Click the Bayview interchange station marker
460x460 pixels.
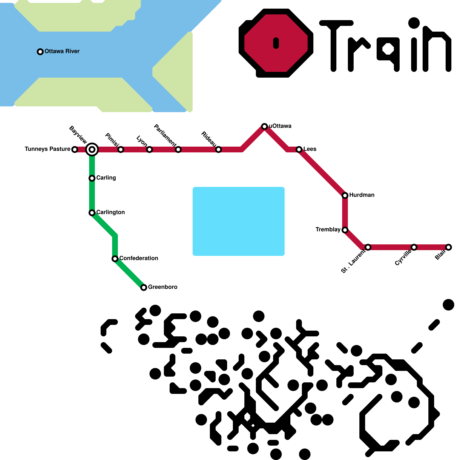pos(92,149)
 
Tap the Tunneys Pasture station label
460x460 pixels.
pos(47,149)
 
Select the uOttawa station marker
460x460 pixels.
pos(264,126)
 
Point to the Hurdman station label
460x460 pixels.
pos(362,195)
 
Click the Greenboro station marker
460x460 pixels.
pos(144,287)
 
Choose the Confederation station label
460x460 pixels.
pos(139,258)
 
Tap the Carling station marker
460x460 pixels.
pos(92,178)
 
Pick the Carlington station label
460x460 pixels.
pos(110,212)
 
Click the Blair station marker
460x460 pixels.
pos(448,247)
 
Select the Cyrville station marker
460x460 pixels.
pos(414,247)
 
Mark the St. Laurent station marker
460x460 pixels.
pos(368,247)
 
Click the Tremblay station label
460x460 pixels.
pos(328,229)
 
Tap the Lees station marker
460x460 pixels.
pos(299,149)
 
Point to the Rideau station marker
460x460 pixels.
pos(218,149)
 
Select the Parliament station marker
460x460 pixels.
pos(178,149)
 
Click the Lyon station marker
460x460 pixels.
pos(149,149)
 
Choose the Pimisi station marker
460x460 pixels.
pos(121,149)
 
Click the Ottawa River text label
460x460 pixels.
pos(62,51)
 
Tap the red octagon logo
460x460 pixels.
pos(276,43)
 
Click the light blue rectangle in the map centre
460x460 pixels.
pos(239,221)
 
